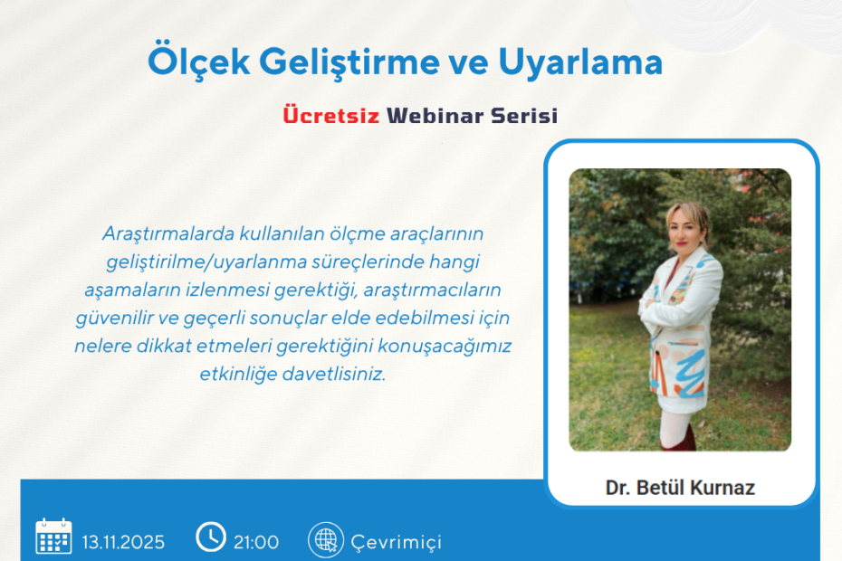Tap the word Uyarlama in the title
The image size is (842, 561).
(x=580, y=62)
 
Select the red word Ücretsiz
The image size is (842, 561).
(x=330, y=116)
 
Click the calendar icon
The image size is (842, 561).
(x=53, y=537)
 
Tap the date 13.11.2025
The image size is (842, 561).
(x=123, y=543)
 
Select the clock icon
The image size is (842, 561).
(x=210, y=537)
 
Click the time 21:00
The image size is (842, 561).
(x=256, y=543)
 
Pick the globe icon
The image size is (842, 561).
(x=323, y=539)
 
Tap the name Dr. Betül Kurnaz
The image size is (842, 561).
(x=680, y=489)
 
